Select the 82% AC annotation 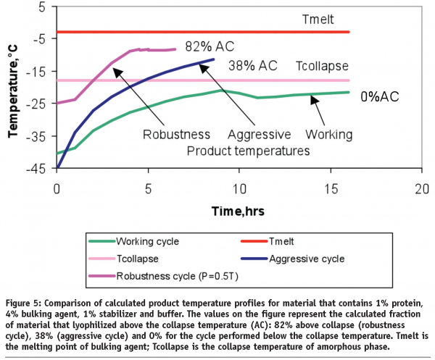click(210, 45)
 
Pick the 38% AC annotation click(253, 66)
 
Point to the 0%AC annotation click(381, 95)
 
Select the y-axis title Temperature click(12, 89)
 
